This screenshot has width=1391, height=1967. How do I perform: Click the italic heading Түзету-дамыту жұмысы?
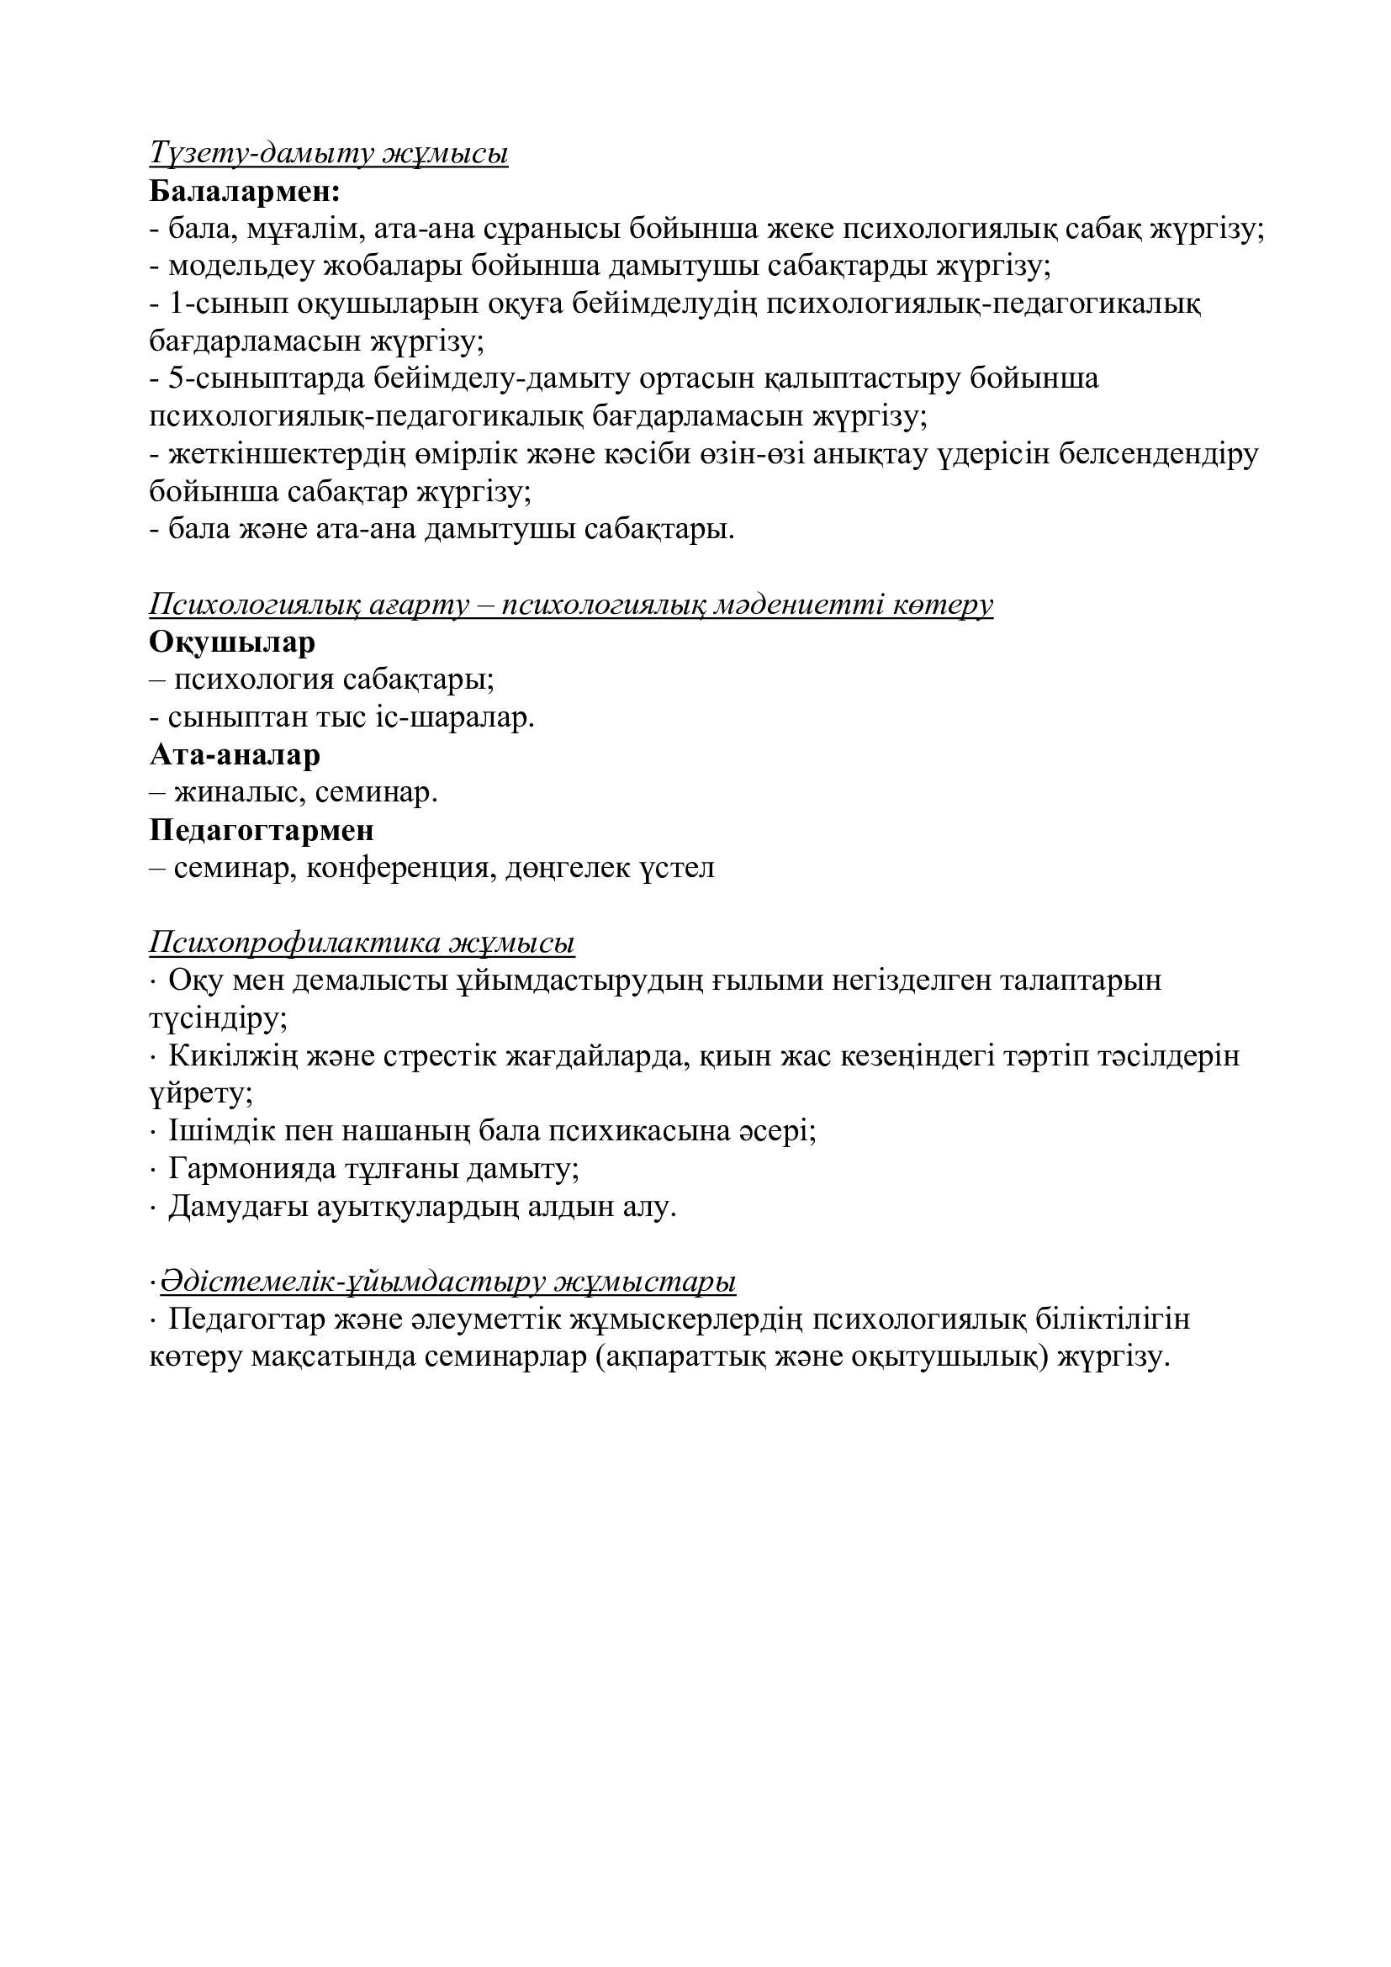(329, 153)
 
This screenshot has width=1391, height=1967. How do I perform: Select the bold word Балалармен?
(245, 191)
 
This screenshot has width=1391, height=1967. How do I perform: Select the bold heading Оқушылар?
(232, 642)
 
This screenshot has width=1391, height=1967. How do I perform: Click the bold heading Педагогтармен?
(262, 830)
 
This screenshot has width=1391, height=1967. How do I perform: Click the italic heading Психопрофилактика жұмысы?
(362, 944)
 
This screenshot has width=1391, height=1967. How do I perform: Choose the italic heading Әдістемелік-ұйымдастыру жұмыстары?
(448, 1282)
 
